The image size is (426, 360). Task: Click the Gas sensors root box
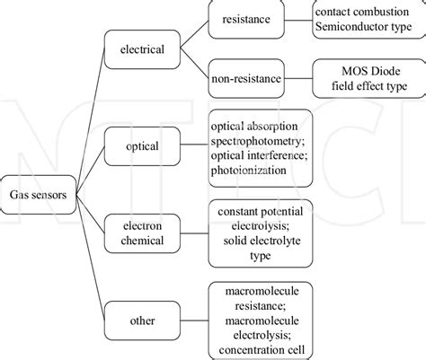coord(38,195)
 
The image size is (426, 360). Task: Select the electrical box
coord(142,49)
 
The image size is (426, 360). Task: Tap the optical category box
coord(142,146)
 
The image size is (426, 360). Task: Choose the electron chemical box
coord(142,233)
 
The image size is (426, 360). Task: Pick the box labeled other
coord(142,320)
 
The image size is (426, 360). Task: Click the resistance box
coord(246,19)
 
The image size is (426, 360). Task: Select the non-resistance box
coord(246,78)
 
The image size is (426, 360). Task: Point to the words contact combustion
coord(362,12)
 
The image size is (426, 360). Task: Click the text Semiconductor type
coord(363,27)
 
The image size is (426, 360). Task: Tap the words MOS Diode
coord(371,71)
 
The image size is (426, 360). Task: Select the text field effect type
coord(369,86)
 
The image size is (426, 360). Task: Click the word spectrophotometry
coord(258,141)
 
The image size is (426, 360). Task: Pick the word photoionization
coord(248,171)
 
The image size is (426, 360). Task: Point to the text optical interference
coord(259,155)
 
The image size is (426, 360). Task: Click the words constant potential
coord(261,212)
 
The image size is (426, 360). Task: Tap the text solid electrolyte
coord(262,241)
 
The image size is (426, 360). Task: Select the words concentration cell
coord(262,350)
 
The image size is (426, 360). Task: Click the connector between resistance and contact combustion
coord(298,21)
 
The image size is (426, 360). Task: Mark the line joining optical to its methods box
coord(194,145)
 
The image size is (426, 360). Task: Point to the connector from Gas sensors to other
coord(90,258)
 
